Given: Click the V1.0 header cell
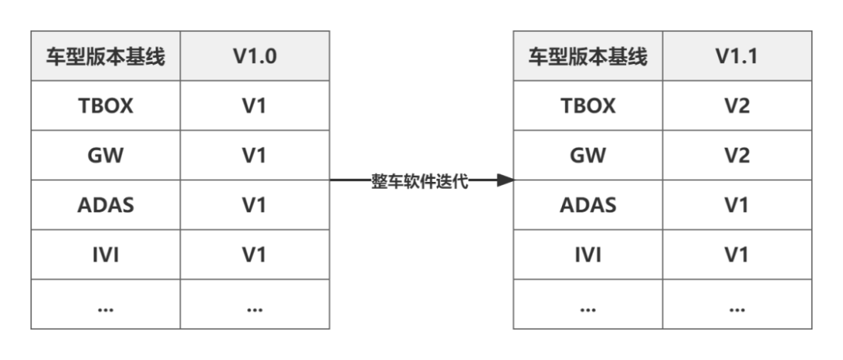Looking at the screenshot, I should [254, 56].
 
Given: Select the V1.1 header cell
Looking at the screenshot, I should [737, 56].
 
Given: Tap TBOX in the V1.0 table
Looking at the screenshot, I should [105, 105].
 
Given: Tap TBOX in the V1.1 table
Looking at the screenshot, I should [588, 105].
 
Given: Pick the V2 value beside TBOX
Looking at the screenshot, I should [737, 105].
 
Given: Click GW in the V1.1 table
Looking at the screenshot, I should [588, 155].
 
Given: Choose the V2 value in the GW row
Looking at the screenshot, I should [737, 155].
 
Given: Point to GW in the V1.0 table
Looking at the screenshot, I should [105, 155].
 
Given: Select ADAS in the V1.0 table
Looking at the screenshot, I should [105, 205].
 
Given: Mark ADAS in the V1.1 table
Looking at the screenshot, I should [588, 205].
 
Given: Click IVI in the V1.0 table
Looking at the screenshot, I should [105, 255].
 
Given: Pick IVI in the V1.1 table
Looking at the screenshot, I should [588, 255].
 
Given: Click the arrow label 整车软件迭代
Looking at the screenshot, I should [419, 181].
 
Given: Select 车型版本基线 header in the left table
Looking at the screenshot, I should [105, 56].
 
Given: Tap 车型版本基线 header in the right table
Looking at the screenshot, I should [588, 56].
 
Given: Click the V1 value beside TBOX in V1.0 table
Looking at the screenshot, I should [254, 105].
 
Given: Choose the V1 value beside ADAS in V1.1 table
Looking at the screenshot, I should [737, 205].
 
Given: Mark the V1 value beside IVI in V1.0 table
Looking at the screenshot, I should [254, 255].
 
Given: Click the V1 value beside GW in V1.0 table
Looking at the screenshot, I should [254, 155].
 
